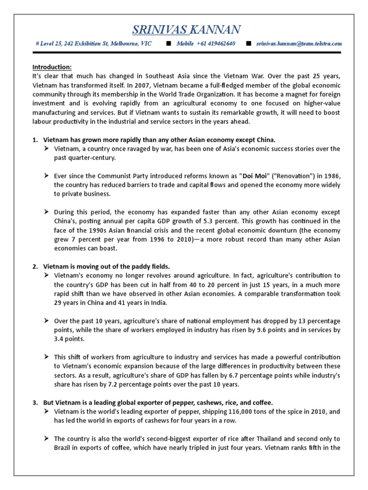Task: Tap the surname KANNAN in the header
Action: click(x=215, y=30)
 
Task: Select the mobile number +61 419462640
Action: click(x=216, y=44)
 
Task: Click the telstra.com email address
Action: click(x=299, y=44)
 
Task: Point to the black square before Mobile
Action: click(x=168, y=44)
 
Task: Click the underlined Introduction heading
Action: click(x=51, y=67)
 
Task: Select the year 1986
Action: click(x=331, y=176)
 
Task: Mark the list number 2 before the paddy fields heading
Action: click(x=35, y=266)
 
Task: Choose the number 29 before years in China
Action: click(x=58, y=302)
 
